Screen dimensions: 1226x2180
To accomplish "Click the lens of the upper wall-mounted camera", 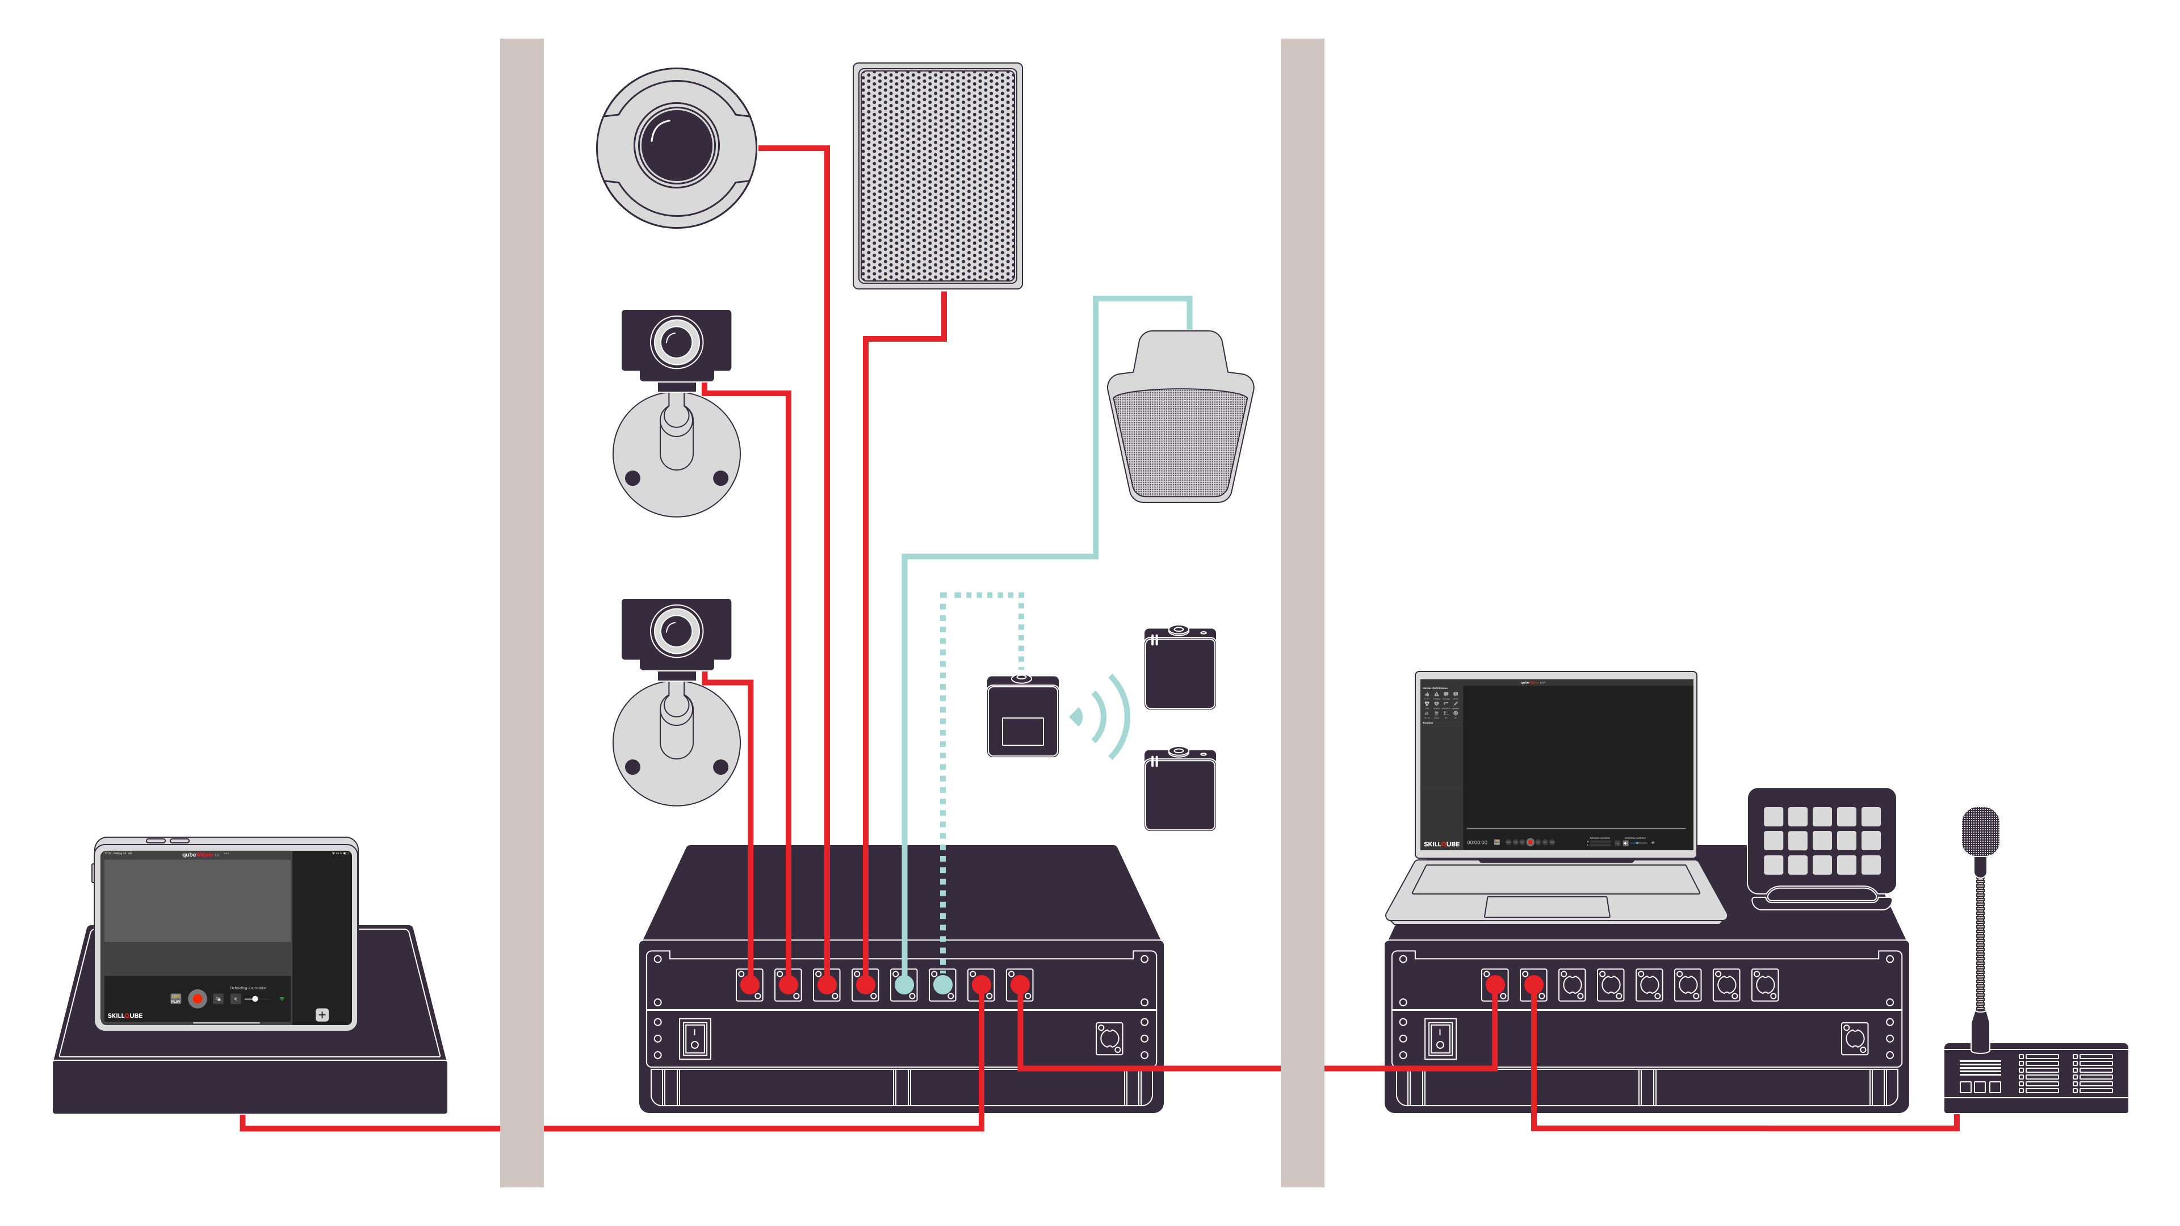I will coord(676,342).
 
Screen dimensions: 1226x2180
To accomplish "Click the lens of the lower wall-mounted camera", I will coord(676,631).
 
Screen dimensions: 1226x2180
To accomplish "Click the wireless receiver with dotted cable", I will coord(1022,717).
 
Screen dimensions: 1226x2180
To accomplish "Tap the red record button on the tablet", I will coord(197,999).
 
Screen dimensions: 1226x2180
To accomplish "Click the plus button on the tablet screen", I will coord(321,1014).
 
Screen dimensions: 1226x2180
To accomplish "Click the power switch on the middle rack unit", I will coord(695,1038).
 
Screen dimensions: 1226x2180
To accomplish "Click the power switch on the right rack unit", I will coord(1440,1038).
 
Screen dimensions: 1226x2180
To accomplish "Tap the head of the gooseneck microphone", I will coord(1980,831).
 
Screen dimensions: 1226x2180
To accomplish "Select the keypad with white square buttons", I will coord(1821,840).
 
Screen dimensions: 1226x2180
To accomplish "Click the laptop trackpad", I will coord(1547,906).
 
